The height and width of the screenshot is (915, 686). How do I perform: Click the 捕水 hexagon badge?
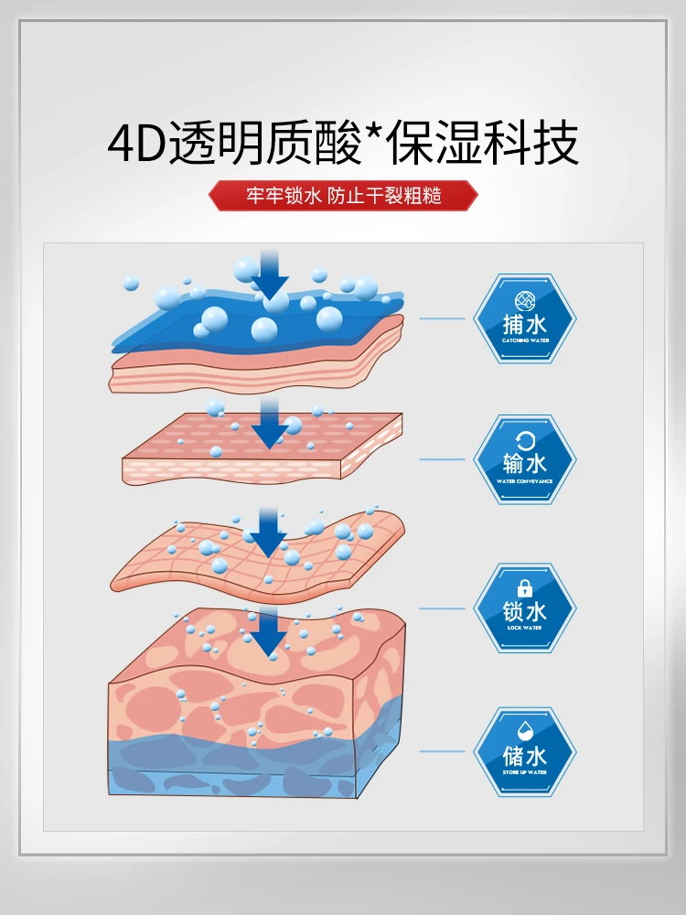coord(524,319)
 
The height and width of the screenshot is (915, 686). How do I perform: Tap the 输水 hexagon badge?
coord(524,459)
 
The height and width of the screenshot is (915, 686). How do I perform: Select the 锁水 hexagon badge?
coord(524,607)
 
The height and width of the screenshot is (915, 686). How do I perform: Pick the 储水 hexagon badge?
coord(524,751)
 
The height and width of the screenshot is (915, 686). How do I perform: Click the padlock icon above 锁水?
coord(525,588)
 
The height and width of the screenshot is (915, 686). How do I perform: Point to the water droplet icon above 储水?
coord(525,731)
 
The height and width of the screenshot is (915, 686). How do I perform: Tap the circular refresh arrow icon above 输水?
coord(525,439)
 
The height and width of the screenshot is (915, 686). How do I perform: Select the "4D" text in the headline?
coord(137,144)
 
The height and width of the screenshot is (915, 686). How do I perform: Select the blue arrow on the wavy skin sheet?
coord(269,534)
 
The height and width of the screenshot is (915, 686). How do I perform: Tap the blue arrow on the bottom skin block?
coord(269,635)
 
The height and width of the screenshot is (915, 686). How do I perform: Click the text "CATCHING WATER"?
coord(524,339)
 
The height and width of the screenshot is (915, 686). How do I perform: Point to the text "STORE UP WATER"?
coord(524,771)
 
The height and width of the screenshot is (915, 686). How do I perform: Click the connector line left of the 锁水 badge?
coord(443,607)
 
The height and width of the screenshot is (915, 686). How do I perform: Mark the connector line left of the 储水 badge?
coord(443,751)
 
